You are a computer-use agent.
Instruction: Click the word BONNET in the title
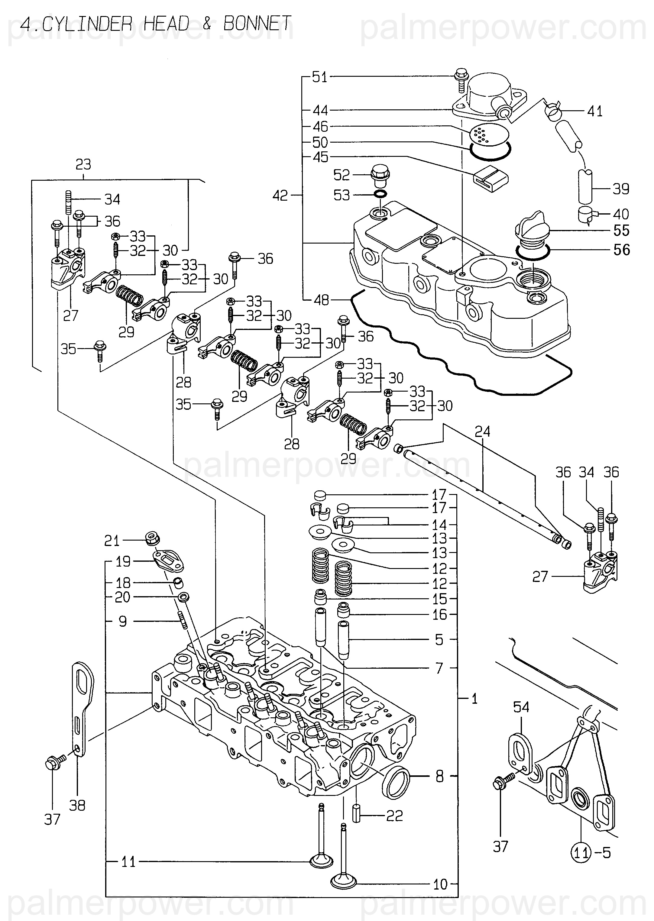coord(257,24)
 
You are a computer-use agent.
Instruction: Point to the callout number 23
coord(83,164)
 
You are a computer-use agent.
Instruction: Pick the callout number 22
coord(394,816)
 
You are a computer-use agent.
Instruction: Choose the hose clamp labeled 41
coord(554,111)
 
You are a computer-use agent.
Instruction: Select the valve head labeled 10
coord(344,882)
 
